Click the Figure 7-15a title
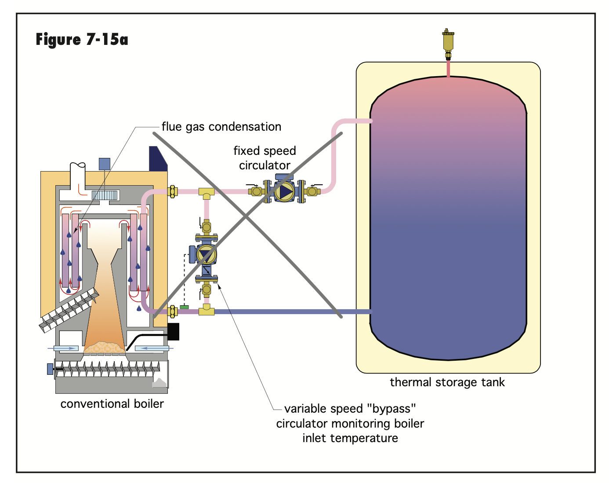tap(82, 40)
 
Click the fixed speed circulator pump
tap(285, 191)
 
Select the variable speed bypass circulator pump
tap(206, 254)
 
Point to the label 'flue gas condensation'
tap(221, 127)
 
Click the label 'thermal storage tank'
tap(447, 382)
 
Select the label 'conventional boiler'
tap(112, 404)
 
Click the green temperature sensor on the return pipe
tap(185, 307)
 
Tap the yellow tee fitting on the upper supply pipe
tap(206, 192)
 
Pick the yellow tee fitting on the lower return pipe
tap(206, 311)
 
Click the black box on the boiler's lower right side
tap(173, 332)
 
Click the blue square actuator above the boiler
tap(105, 164)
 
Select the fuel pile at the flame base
tap(105, 348)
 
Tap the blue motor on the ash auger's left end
tap(50, 369)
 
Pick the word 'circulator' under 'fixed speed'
tap(265, 165)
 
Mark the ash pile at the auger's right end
tap(159, 382)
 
